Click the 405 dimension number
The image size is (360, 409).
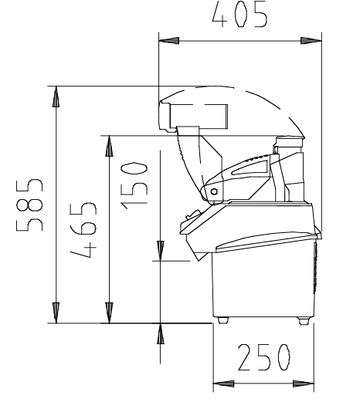(x=239, y=15)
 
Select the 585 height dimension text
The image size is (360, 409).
(x=29, y=205)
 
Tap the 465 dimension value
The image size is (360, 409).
(x=83, y=230)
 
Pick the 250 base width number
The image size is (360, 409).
(x=263, y=357)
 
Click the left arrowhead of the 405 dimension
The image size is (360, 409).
(x=169, y=41)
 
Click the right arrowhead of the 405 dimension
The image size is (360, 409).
(x=311, y=41)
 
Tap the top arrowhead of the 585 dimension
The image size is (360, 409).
(x=56, y=96)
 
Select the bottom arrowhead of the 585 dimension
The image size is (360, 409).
(x=56, y=313)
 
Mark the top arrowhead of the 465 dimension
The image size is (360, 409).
(x=109, y=146)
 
